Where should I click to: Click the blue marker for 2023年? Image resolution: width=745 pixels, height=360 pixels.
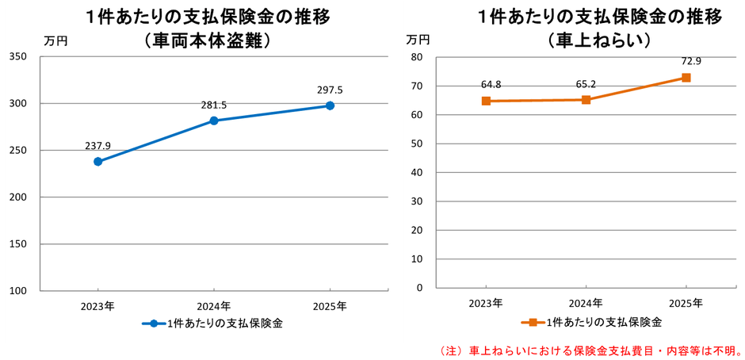[x=98, y=162]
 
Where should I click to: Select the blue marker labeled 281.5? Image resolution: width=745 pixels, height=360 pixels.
[x=214, y=121]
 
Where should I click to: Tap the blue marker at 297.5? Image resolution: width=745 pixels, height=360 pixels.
[x=330, y=105]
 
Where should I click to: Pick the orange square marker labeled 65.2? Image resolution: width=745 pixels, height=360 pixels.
[x=586, y=100]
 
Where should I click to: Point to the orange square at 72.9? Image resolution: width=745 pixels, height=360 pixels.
[x=686, y=78]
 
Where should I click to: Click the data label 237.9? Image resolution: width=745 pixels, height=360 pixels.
[x=98, y=145]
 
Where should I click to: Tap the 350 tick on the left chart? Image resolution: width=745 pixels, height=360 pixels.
[x=18, y=56]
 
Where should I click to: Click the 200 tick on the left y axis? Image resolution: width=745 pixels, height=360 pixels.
[x=18, y=197]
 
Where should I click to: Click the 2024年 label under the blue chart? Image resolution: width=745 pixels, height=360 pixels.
[x=214, y=305]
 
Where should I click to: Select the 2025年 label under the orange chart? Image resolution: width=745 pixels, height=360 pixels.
[x=686, y=303]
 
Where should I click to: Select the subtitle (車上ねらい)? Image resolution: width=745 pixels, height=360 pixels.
[x=599, y=40]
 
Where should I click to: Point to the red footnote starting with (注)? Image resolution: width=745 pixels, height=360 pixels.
[x=590, y=349]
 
